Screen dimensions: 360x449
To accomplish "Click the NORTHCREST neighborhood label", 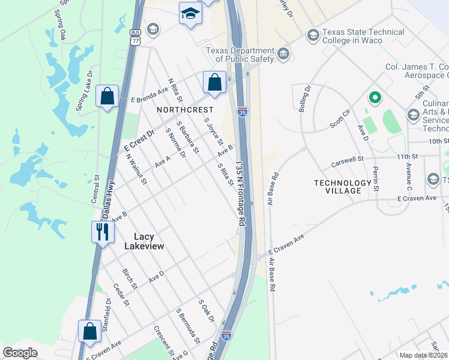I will click(x=185, y=110).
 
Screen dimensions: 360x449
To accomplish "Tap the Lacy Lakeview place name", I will click(x=144, y=241).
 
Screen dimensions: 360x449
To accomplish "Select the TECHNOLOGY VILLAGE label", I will click(x=343, y=187).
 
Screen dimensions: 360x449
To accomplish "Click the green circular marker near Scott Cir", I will click(x=375, y=97).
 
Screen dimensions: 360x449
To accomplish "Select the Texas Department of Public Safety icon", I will click(x=283, y=55).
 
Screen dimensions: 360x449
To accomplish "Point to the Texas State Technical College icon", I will click(x=313, y=35).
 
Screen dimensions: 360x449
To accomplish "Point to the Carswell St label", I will click(x=348, y=162).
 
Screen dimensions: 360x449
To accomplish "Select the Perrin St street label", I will click(x=375, y=179).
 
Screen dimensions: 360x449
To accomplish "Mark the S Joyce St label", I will click(x=214, y=132).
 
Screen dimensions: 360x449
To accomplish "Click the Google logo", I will click(x=20, y=353).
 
